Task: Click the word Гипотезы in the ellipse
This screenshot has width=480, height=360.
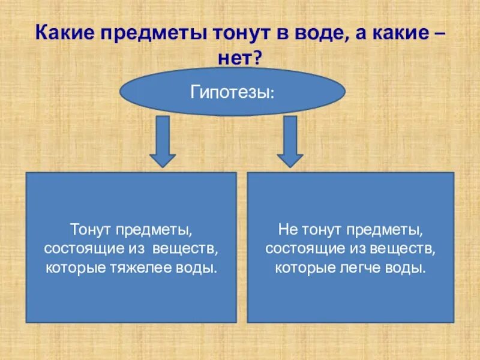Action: tap(232, 92)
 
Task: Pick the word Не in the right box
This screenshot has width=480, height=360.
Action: tap(286, 230)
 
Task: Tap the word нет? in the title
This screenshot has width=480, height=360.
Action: tap(240, 58)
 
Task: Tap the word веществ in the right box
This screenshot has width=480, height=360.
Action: tap(407, 248)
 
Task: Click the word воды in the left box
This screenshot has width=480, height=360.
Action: tap(199, 266)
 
